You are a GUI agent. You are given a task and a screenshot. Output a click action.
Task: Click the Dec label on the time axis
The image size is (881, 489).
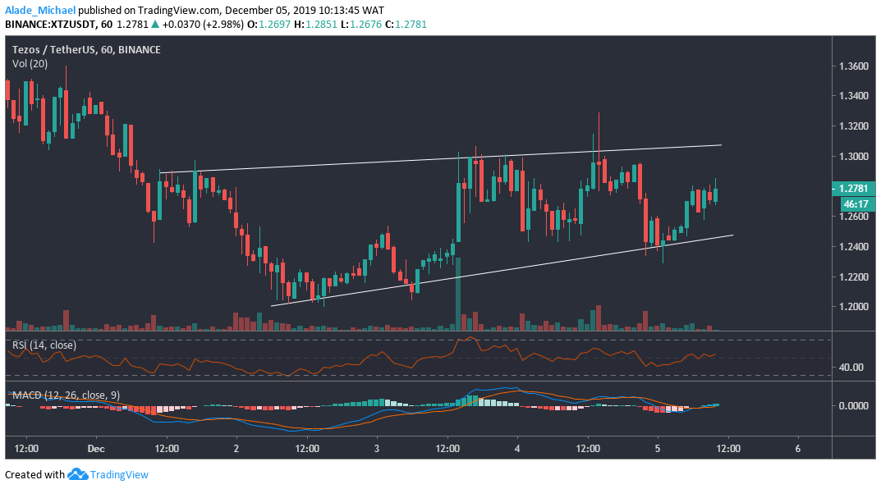coord(96,450)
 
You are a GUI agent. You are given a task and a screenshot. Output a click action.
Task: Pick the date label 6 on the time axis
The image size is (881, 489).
coord(798,450)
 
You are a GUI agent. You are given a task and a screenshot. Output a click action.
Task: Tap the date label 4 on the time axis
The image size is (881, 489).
coord(517,450)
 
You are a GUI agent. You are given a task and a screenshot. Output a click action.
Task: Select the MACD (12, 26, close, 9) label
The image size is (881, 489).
coord(66,395)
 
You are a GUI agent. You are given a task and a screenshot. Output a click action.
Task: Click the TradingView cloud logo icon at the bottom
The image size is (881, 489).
coord(78,474)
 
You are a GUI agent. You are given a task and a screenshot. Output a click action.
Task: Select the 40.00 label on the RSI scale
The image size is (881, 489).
coord(851,367)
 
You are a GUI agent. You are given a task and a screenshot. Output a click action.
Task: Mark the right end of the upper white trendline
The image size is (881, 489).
coord(721,145)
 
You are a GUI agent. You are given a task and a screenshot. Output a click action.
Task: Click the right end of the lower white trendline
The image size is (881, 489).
coord(732,235)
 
